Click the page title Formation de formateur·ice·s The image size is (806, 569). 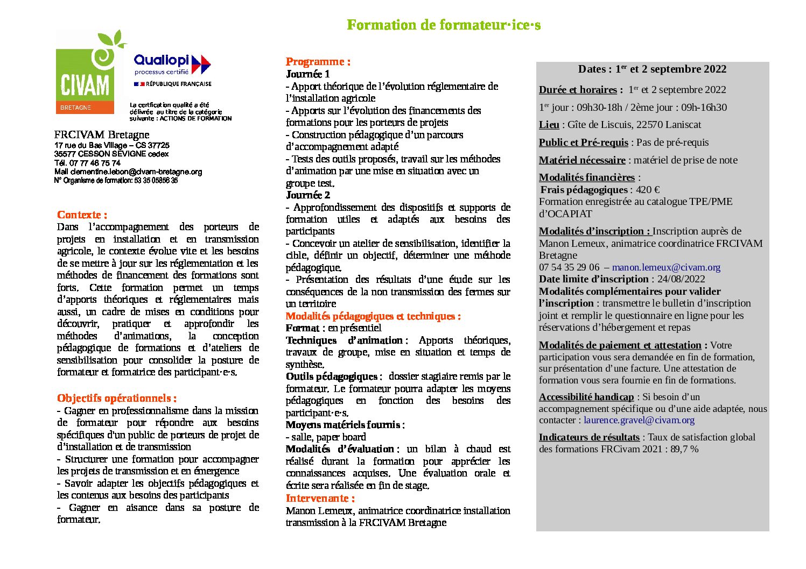[x=444, y=25]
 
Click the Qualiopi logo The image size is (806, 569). [x=172, y=65]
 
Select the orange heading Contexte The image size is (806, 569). [x=82, y=215]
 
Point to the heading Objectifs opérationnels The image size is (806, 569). [x=116, y=399]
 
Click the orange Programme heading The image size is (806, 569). [x=318, y=61]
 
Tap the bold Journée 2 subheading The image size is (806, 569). [x=307, y=195]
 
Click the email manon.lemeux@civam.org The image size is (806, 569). [x=666, y=267]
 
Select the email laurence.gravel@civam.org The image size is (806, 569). [x=639, y=420]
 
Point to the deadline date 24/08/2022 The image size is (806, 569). [x=681, y=279]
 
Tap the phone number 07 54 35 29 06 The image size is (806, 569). [x=569, y=267]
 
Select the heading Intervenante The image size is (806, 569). [x=320, y=498]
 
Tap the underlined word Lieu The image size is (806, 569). [x=549, y=125]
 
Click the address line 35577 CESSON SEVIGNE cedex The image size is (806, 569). [x=111, y=154]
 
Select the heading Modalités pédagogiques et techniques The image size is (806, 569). [x=373, y=316]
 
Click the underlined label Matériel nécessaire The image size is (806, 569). [x=582, y=160]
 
